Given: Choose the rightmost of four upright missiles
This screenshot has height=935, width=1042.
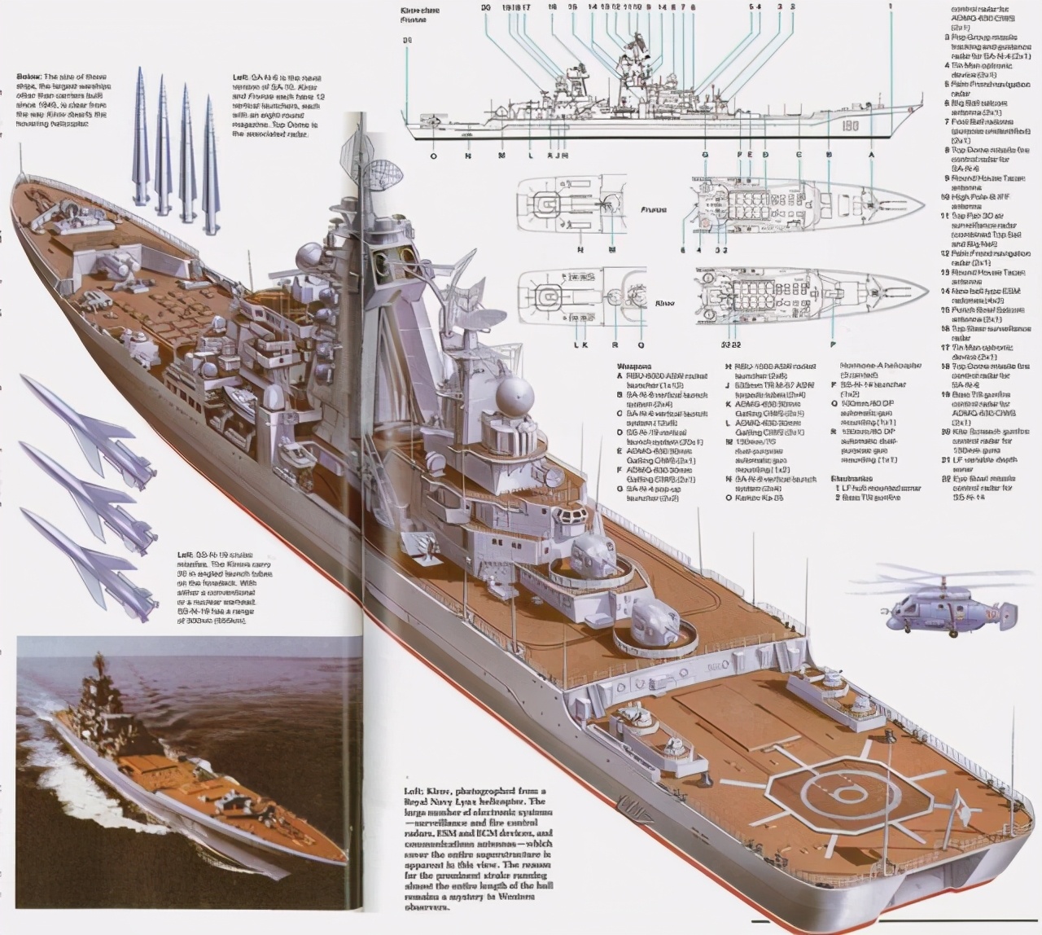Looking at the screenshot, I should coord(212,155).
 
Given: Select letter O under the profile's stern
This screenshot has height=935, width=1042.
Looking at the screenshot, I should coord(432,155).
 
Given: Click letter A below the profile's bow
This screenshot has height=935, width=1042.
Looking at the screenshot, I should coord(871,155).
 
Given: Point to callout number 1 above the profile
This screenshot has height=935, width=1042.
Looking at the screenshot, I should coord(891,7).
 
